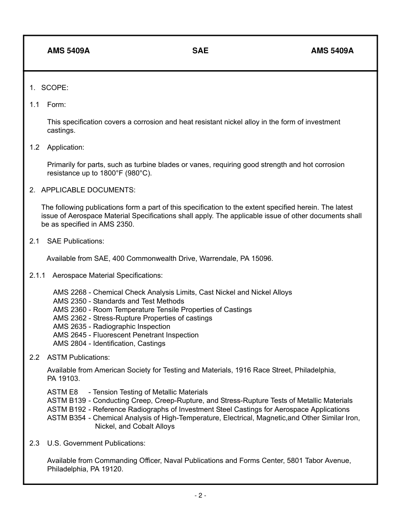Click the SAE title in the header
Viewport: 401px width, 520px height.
click(x=200, y=51)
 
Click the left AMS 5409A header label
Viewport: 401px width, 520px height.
click(x=68, y=51)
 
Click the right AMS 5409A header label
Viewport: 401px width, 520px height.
click(x=332, y=51)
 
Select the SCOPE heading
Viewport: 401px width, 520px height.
click(x=54, y=88)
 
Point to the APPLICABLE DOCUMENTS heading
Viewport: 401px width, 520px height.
click(x=88, y=190)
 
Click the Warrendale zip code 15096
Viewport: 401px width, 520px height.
click(x=263, y=258)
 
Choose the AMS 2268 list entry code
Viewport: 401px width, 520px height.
click(x=70, y=292)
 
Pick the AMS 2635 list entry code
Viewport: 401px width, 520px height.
click(x=70, y=326)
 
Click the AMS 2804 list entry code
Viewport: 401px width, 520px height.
click(x=70, y=343)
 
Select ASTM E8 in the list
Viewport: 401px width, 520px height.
click(x=62, y=392)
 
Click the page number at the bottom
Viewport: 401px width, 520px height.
click(x=200, y=495)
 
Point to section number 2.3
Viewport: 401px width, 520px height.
click(x=35, y=443)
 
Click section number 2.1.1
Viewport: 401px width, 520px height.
click(x=37, y=275)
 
